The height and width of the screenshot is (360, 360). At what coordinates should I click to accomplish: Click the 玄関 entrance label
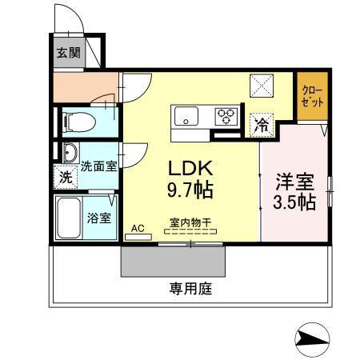67,54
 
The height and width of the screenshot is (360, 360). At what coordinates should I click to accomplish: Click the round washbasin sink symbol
67,153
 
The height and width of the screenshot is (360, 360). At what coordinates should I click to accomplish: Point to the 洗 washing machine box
66,177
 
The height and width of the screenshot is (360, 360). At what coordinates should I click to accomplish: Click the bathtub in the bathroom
68,216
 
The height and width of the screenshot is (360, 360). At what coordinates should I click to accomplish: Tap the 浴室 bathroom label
99,217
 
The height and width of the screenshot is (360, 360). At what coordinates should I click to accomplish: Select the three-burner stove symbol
226,117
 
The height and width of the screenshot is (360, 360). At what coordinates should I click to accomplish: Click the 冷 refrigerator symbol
262,124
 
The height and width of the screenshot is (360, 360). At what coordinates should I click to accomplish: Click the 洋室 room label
293,178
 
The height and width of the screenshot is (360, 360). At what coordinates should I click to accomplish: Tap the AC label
138,228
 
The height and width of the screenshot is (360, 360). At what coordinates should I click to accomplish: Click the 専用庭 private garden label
190,289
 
